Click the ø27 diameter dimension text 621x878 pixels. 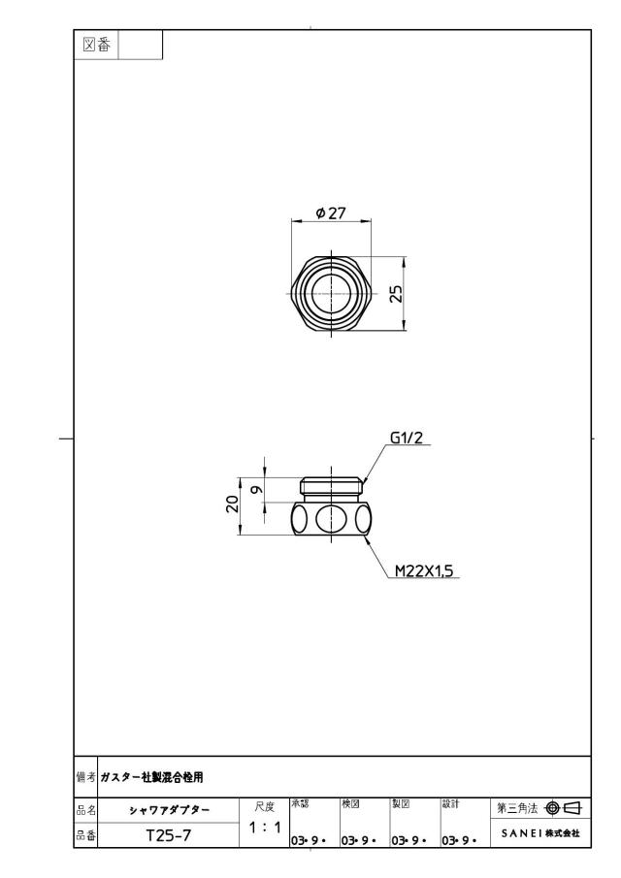point(331,213)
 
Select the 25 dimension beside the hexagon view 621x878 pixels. point(396,294)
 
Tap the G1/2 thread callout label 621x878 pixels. point(406,438)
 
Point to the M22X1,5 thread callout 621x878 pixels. point(424,570)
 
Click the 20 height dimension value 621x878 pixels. point(232,504)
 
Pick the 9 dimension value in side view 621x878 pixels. point(257,489)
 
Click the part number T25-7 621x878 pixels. point(169,835)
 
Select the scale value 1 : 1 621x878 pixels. point(264,827)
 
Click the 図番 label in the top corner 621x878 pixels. point(96,45)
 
